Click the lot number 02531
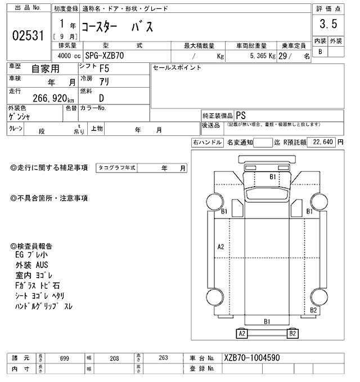(28, 36)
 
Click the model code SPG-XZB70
(106, 56)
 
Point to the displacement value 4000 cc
(67, 56)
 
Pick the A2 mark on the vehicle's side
(220, 247)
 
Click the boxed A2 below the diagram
(242, 334)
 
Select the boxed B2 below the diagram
(292, 334)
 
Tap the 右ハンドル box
(207, 143)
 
